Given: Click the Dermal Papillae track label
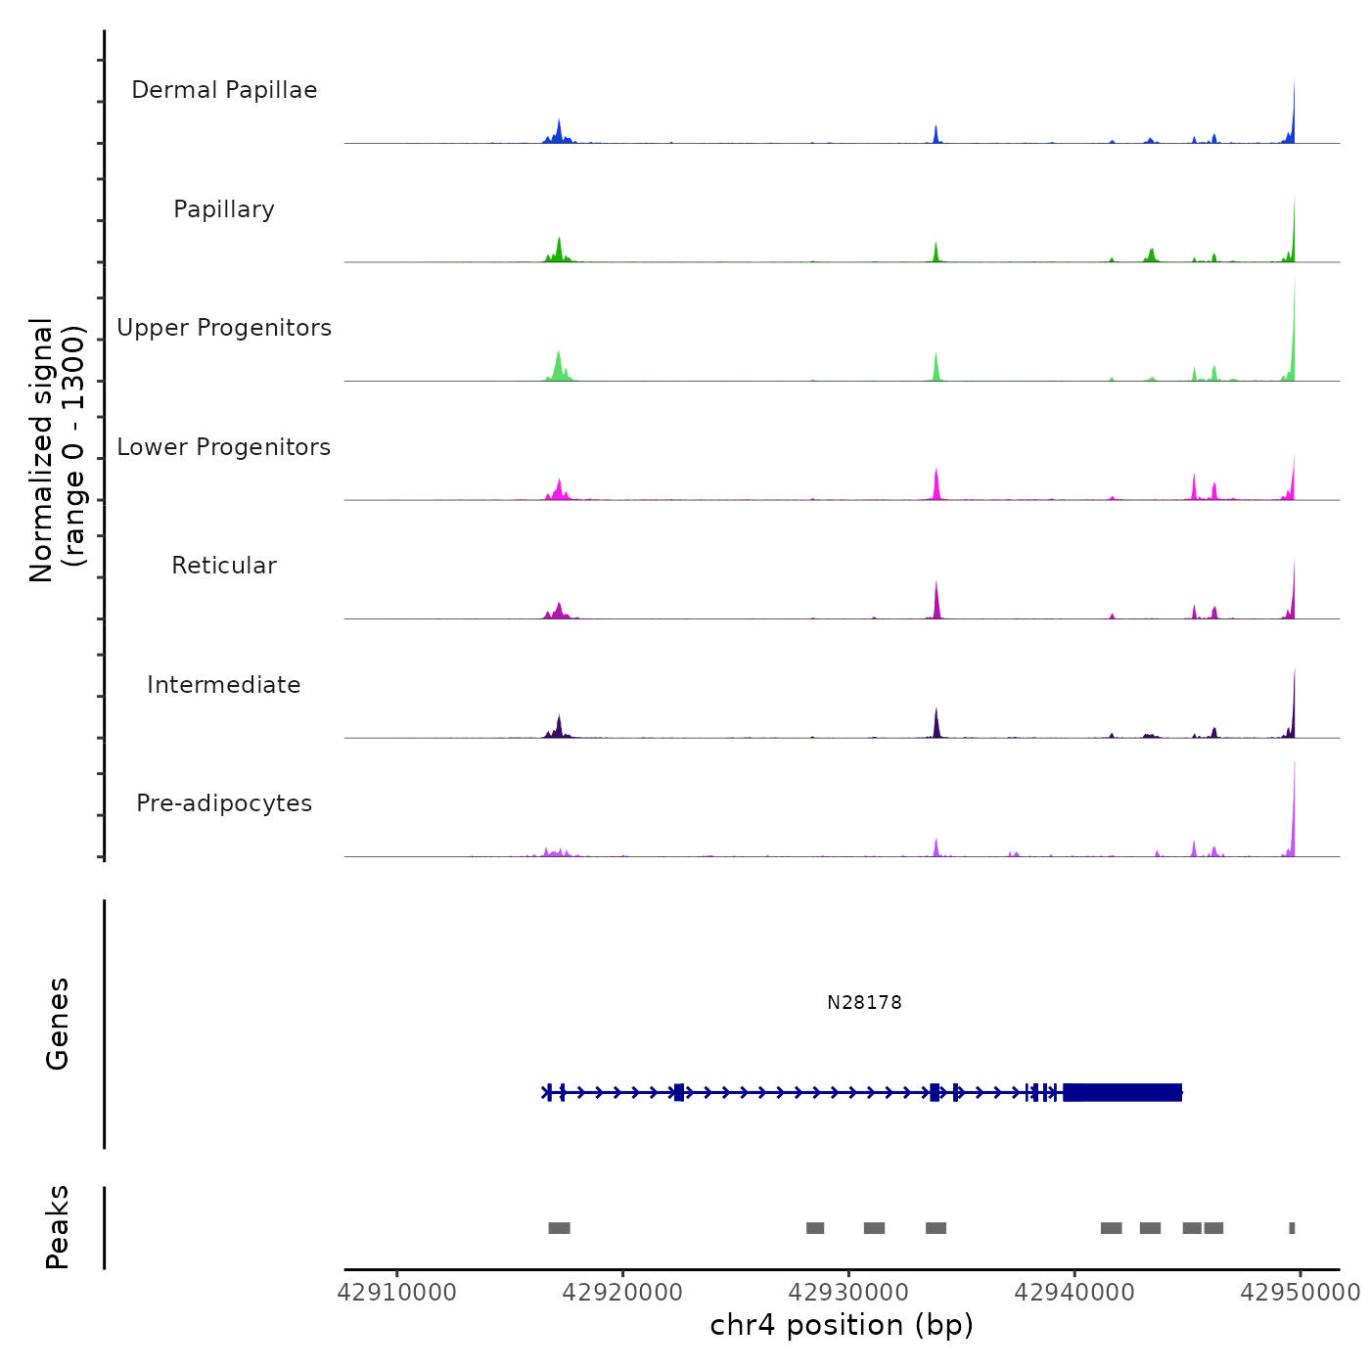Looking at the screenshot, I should (224, 90).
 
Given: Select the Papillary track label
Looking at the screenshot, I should (224, 209).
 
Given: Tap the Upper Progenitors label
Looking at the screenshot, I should (224, 328).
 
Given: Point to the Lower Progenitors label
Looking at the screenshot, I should (224, 447).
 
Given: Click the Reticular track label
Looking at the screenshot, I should (224, 566).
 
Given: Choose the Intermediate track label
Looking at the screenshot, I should (224, 685).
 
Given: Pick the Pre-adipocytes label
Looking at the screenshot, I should (224, 803).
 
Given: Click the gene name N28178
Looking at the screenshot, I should (864, 1002).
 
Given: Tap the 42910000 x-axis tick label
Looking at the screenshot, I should (396, 1293).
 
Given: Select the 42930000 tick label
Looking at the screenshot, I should (848, 1293).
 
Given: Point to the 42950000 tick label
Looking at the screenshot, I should (1301, 1293).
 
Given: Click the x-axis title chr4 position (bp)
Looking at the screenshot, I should (842, 1325).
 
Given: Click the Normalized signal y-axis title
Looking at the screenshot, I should (57, 450).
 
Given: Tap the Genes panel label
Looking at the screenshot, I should (57, 1024).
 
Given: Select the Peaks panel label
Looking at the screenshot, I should (57, 1227).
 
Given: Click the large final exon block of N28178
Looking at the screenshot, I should (1122, 1092).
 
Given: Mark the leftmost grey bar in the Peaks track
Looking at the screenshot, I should (559, 1228).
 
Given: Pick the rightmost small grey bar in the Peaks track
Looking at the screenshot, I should (1292, 1228).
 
